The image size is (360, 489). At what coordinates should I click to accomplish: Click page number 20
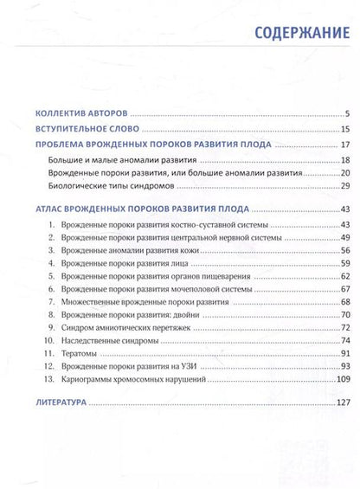[344, 172]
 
